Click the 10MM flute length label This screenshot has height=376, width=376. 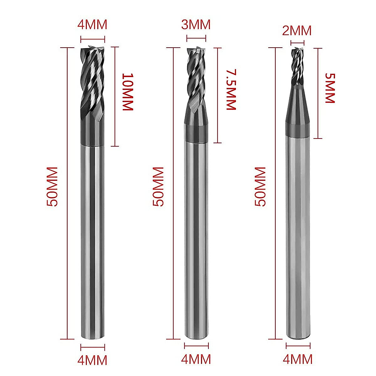tap(128, 92)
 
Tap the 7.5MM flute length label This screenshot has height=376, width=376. tap(231, 90)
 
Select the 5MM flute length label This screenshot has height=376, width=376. tap(330, 88)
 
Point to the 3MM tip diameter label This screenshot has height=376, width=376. tap(196, 24)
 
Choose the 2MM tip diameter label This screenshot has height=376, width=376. tap(297, 31)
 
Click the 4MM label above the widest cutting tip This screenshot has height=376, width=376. tap(92, 24)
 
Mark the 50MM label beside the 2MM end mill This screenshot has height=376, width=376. tap(260, 187)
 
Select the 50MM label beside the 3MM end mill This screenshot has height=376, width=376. tap(159, 187)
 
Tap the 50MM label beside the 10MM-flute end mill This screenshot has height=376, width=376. tap(52, 187)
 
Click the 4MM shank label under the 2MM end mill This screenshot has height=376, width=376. tap(298, 359)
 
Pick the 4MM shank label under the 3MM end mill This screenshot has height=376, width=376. tap(196, 359)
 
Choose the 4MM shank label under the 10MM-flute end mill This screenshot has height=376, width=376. tap(92, 360)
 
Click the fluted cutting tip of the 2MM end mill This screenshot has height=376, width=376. tap(297, 66)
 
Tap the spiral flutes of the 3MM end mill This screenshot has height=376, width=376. tap(196, 78)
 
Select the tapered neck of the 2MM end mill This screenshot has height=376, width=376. tap(297, 107)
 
